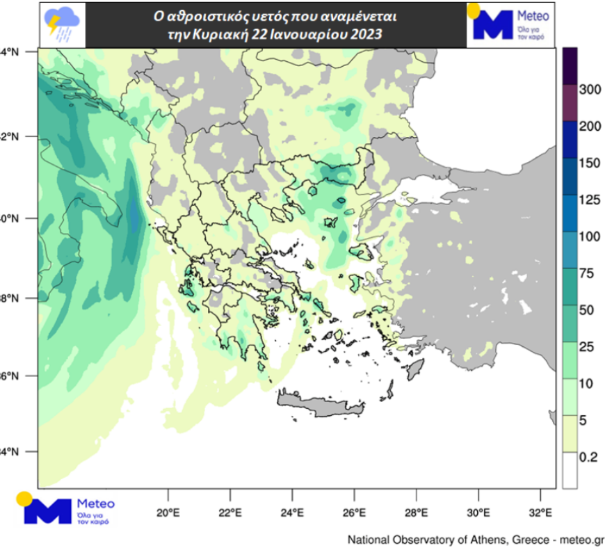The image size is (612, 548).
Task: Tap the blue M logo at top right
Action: coord(492,25)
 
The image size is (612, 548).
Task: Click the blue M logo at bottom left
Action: coord(48,511)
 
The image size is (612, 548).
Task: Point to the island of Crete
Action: coord(320,403)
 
